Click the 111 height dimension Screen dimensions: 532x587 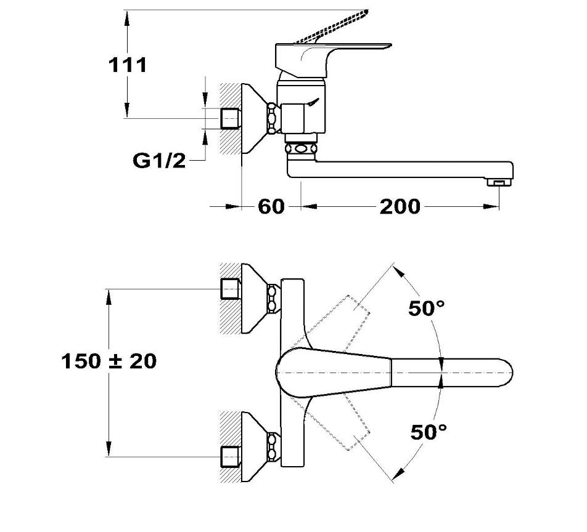pos(128,64)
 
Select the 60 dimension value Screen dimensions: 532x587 pos(271,206)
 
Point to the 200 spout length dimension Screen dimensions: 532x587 pos(399,206)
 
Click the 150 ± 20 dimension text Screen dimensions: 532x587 pos(109,361)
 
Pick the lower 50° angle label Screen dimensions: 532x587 pos(429,432)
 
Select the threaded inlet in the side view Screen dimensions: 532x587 pos(230,118)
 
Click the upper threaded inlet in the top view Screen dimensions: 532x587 pos(230,288)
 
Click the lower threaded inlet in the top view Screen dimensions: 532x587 pos(230,456)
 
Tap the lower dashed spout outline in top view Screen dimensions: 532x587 pos(345,425)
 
